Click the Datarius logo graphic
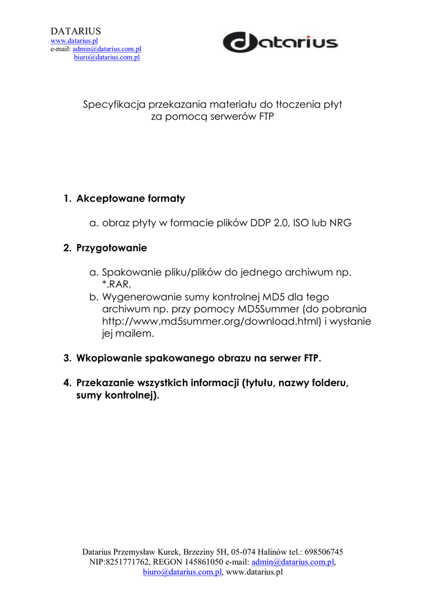point(280,42)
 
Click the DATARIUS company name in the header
point(76,31)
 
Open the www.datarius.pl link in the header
point(73,41)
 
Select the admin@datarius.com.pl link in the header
point(107,49)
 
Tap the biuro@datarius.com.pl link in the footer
point(182,571)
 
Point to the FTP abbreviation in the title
point(267,116)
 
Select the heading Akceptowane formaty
point(130,199)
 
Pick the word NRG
point(340,223)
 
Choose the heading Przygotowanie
point(112,248)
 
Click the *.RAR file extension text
point(116,285)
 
